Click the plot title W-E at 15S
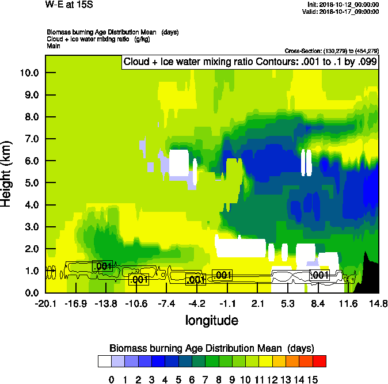click(69, 5)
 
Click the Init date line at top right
click(343, 5)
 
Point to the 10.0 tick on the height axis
click(28, 73)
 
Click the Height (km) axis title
click(7, 173)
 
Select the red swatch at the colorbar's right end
click(319, 362)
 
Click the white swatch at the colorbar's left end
click(104, 362)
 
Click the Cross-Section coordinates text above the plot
click(332, 51)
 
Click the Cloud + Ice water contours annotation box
click(250, 62)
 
